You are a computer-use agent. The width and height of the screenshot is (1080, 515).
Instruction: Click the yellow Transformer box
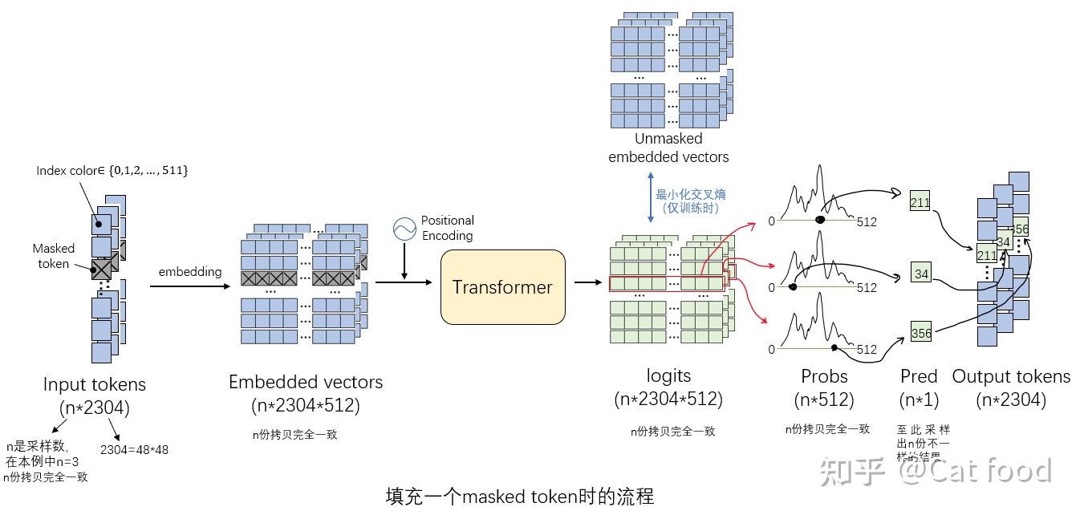click(x=502, y=287)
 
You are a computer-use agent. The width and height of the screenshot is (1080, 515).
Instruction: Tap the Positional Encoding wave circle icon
click(x=404, y=229)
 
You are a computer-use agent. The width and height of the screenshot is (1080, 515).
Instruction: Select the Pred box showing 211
click(x=920, y=202)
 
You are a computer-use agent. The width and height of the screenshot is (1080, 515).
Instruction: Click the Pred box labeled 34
click(x=921, y=274)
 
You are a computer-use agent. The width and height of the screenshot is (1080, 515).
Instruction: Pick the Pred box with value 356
click(x=921, y=333)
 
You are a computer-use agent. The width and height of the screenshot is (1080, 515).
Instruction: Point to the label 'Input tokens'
click(x=95, y=384)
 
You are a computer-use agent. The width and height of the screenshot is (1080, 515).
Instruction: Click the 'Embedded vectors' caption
click(x=306, y=382)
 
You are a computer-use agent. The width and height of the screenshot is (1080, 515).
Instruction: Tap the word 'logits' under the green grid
click(x=668, y=375)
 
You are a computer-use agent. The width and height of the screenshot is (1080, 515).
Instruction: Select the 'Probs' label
click(x=824, y=376)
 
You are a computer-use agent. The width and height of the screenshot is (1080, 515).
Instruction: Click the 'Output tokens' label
click(x=1011, y=376)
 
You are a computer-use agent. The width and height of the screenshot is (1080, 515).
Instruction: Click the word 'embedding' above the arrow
click(x=189, y=272)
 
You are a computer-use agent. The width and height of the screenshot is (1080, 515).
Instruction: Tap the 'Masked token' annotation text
click(x=53, y=256)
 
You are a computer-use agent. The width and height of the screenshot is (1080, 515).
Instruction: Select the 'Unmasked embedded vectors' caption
click(x=668, y=148)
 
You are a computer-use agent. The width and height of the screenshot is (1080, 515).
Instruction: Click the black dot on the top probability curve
click(x=819, y=220)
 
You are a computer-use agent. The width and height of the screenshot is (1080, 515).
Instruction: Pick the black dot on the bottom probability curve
click(x=834, y=348)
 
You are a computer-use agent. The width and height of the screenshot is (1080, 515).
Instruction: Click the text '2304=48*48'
click(x=134, y=449)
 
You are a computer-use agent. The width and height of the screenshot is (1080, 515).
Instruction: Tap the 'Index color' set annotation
click(x=112, y=171)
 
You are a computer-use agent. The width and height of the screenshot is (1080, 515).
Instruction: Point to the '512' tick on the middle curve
click(x=867, y=287)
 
